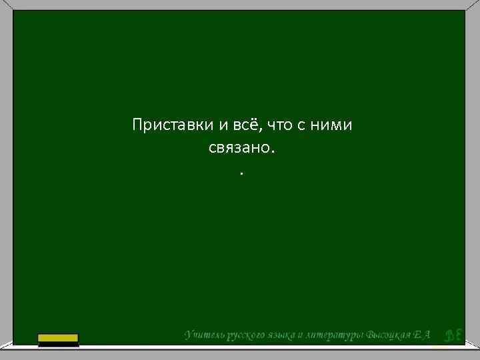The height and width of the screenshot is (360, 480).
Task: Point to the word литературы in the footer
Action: (335, 335)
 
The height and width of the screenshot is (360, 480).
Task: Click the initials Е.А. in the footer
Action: (423, 335)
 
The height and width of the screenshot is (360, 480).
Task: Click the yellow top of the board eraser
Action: (58, 337)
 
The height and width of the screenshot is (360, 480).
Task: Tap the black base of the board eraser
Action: (58, 344)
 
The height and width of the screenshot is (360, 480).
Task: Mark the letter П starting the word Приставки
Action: (137, 125)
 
